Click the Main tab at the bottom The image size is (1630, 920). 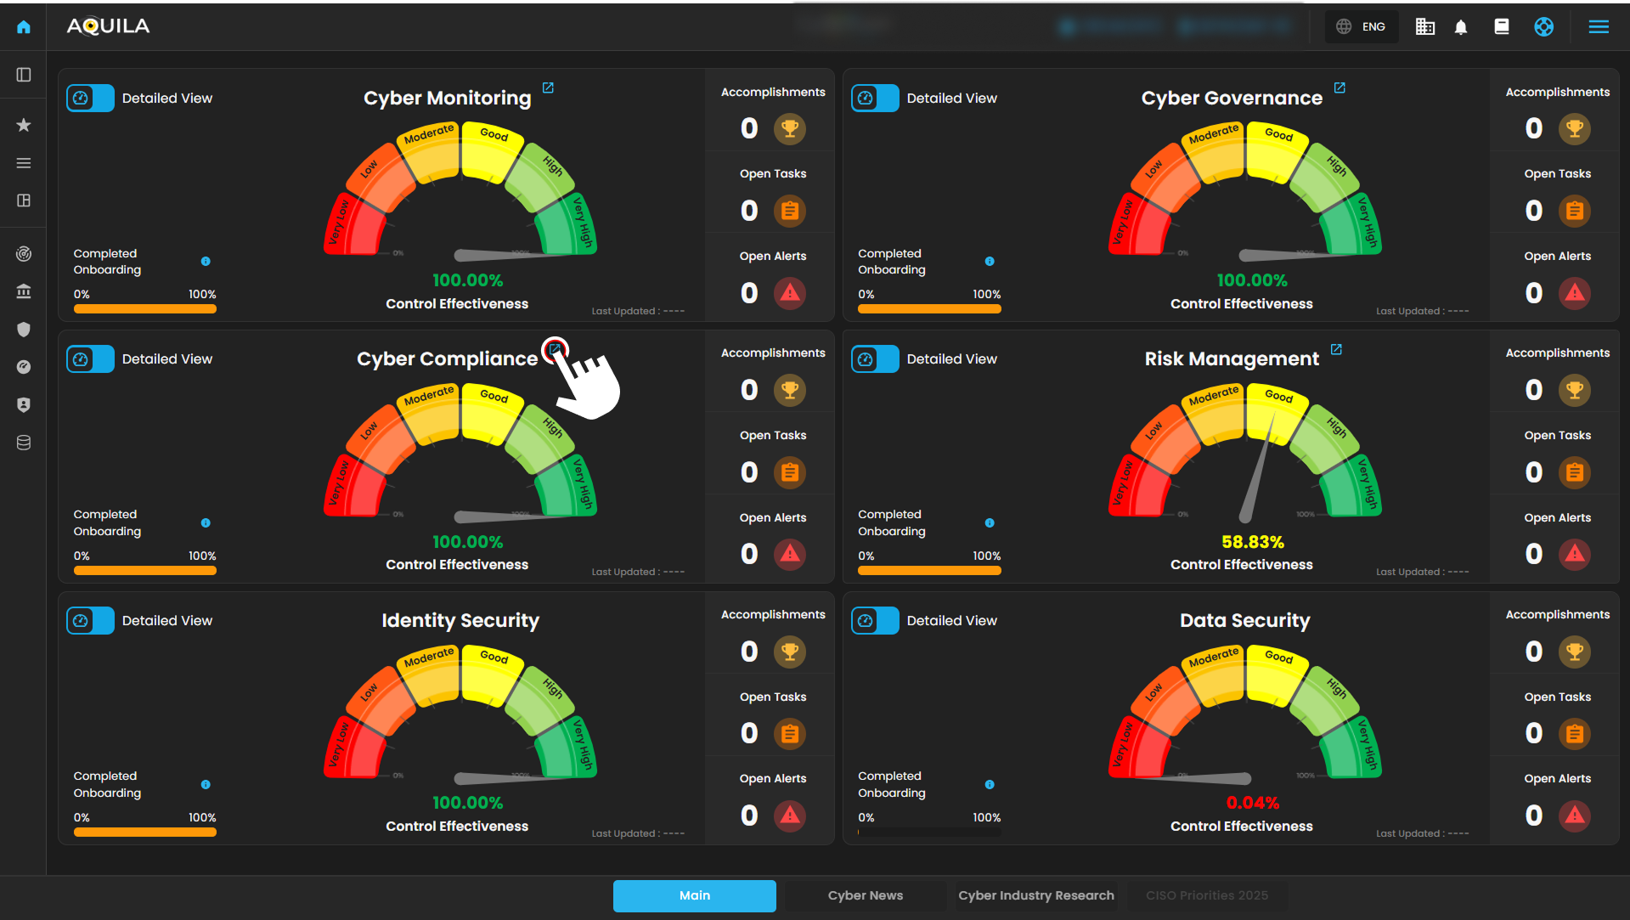click(694, 895)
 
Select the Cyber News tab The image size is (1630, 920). click(865, 895)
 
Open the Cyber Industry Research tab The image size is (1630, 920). click(1035, 895)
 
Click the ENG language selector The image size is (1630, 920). click(1362, 26)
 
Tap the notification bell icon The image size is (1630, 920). click(1461, 27)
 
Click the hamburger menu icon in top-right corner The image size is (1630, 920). click(1599, 27)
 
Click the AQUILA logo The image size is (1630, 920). click(108, 26)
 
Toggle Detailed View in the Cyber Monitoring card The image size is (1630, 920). click(90, 99)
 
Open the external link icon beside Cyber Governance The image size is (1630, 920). click(1340, 88)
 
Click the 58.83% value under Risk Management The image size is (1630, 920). click(1252, 542)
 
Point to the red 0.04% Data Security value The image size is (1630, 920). click(1252, 803)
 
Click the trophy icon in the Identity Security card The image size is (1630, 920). click(790, 652)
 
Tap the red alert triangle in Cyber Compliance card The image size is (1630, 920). click(790, 554)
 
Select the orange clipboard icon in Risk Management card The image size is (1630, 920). click(1574, 472)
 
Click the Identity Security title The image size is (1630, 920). click(460, 621)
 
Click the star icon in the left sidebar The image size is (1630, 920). click(24, 126)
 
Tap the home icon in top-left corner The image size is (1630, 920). click(24, 27)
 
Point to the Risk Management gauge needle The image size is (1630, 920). click(1258, 468)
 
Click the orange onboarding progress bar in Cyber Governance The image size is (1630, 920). click(929, 309)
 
